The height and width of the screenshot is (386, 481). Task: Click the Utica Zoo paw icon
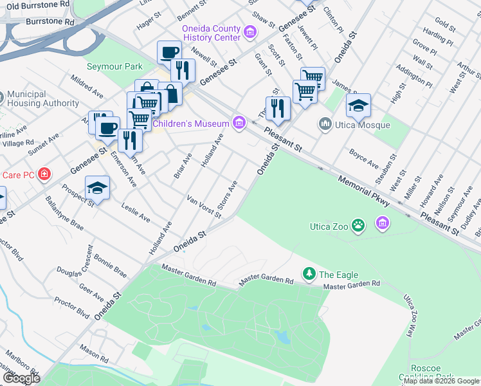click(358, 225)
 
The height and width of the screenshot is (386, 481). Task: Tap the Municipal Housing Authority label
click(43, 98)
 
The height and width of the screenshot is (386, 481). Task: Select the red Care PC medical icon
click(44, 174)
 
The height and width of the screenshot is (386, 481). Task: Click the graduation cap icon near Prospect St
click(98, 187)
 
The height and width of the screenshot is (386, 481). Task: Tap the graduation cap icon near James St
click(359, 104)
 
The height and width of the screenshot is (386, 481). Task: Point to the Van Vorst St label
click(204, 207)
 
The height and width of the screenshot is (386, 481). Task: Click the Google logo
click(21, 378)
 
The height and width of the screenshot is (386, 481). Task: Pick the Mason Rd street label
click(95, 353)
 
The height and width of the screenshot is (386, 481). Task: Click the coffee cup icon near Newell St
click(169, 51)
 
